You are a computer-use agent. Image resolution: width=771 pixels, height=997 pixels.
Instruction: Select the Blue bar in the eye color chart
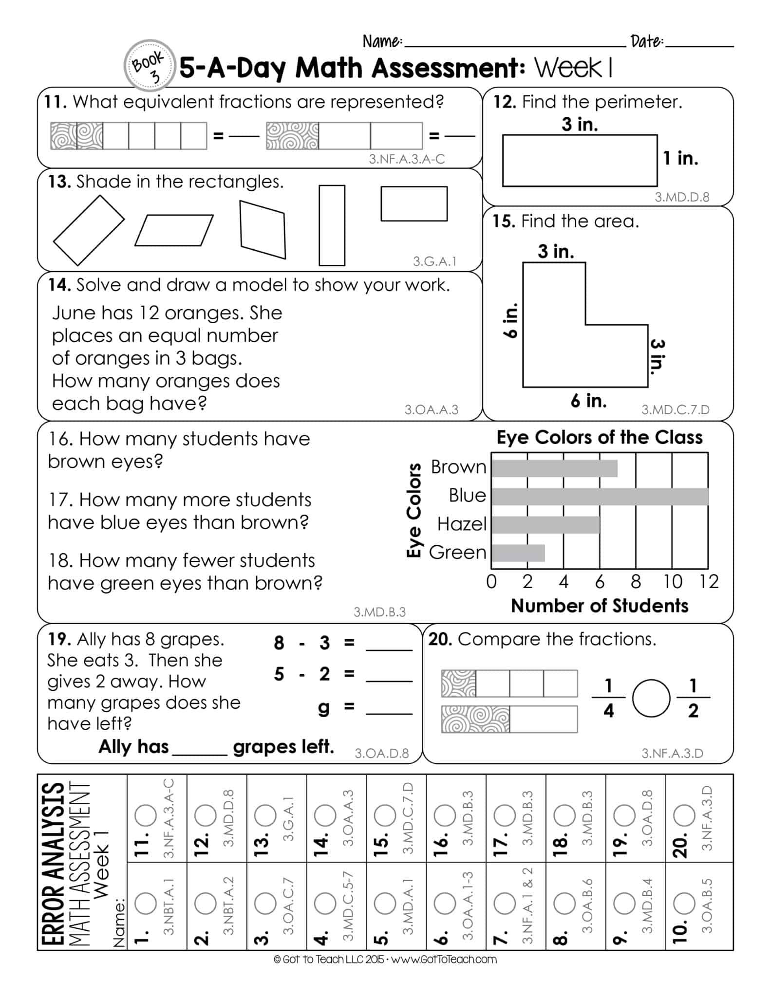(600, 497)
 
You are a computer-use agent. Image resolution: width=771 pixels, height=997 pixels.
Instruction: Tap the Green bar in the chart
(518, 554)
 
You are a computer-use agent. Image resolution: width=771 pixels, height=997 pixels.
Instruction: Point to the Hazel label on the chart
(462, 524)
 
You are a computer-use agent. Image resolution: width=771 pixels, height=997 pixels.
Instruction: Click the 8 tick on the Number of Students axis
(636, 582)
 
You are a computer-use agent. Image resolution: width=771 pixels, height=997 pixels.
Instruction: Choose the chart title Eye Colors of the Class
(600, 438)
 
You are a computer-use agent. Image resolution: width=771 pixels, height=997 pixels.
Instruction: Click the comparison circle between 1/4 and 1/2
(651, 699)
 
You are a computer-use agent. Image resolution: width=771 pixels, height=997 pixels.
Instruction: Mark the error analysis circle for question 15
(385, 815)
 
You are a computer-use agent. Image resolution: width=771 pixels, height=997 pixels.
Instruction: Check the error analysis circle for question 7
(505, 904)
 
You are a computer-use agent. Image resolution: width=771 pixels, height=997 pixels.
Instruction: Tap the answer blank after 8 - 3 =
(389, 645)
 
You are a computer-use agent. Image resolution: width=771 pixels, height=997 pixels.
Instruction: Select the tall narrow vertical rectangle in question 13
(332, 225)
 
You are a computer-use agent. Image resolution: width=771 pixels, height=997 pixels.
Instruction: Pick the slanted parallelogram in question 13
(174, 230)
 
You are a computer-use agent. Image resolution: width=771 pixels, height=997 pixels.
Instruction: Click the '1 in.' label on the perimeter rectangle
(680, 158)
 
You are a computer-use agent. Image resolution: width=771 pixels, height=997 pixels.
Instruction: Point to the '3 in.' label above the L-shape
(556, 252)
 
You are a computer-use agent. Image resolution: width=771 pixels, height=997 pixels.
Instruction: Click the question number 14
(59, 285)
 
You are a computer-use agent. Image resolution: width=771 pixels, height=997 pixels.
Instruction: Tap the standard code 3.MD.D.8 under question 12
(681, 197)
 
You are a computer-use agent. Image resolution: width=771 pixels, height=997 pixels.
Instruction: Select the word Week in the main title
(568, 68)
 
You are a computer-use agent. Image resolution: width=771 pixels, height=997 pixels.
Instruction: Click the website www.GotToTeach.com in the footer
(444, 960)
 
